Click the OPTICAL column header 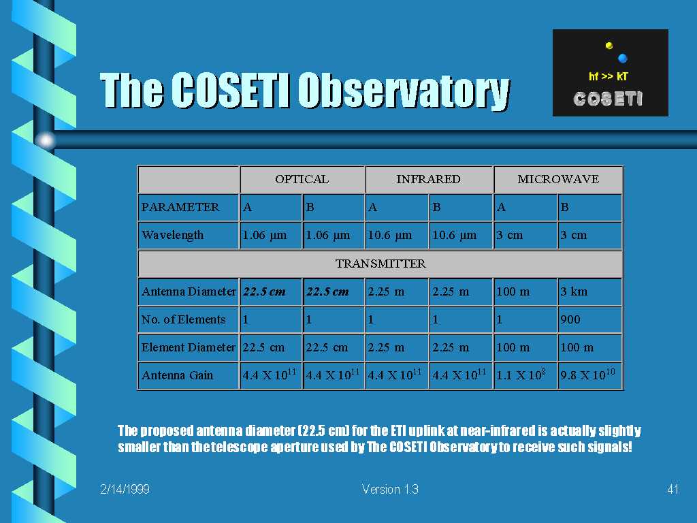tap(302, 179)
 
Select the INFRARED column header tap(429, 179)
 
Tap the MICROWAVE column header tap(558, 179)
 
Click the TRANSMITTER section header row tap(380, 264)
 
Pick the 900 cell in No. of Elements tap(589, 319)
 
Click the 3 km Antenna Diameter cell tap(589, 291)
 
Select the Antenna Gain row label tap(189, 375)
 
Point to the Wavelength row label tap(189, 235)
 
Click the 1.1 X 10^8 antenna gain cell tap(525, 375)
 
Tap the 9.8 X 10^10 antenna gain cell tap(589, 375)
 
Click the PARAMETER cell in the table tap(189, 207)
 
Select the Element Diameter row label tap(189, 347)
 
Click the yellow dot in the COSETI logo tap(609, 46)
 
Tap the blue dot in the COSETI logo tap(622, 58)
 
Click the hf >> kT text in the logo tap(608, 76)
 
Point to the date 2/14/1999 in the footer tap(125, 489)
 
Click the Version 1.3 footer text tap(390, 489)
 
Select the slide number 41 tap(672, 489)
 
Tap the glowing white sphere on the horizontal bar tap(46, 140)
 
